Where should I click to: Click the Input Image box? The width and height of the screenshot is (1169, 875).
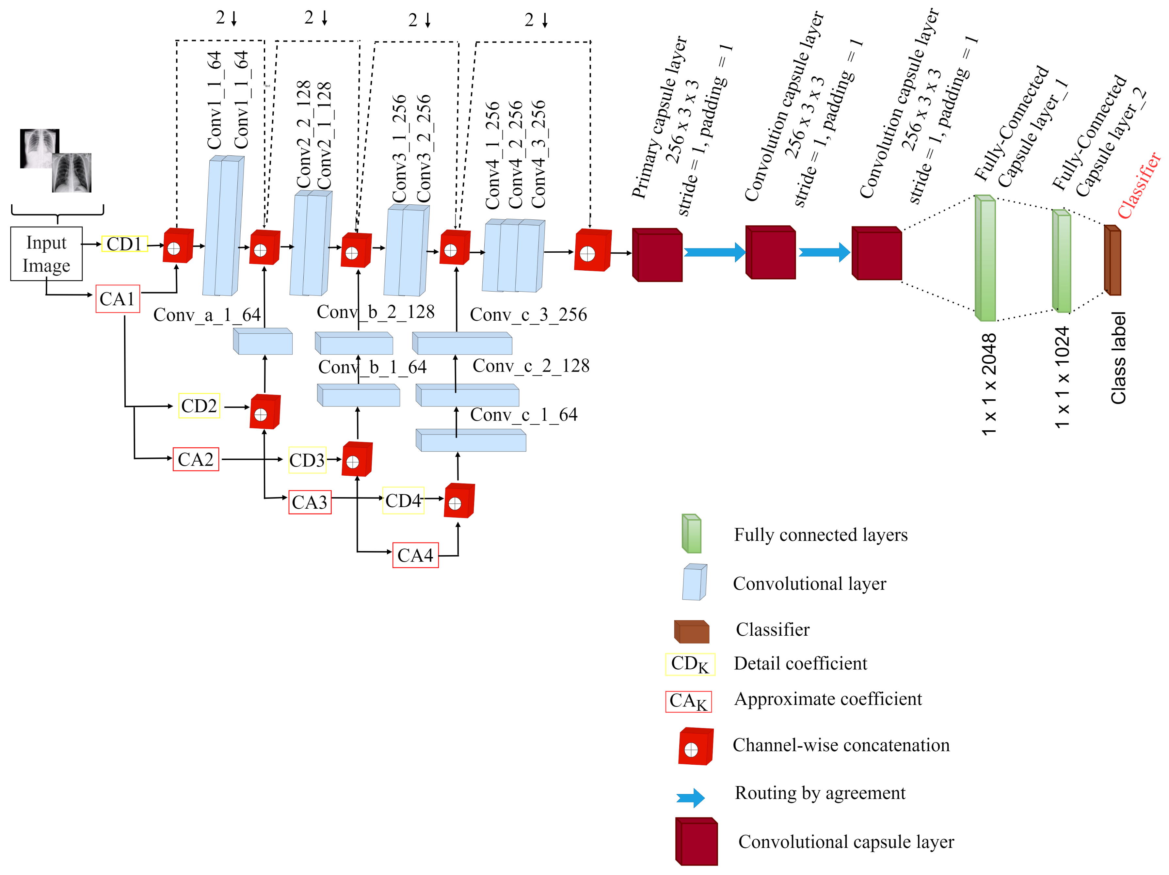click(46, 254)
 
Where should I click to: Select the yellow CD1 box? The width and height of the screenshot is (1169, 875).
click(124, 244)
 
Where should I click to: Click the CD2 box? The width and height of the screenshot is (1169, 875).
click(199, 406)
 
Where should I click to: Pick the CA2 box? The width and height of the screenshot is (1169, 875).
click(196, 459)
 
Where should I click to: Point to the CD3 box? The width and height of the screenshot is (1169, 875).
click(307, 460)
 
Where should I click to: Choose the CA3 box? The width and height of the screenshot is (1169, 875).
click(310, 502)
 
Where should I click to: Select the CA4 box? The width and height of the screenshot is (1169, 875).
click(415, 555)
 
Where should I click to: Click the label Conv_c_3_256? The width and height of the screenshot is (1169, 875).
click(528, 314)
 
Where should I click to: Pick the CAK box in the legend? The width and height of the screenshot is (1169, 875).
click(688, 701)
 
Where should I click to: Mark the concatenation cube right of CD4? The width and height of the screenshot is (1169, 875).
click(459, 501)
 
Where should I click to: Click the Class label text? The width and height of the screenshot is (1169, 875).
click(1118, 358)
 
